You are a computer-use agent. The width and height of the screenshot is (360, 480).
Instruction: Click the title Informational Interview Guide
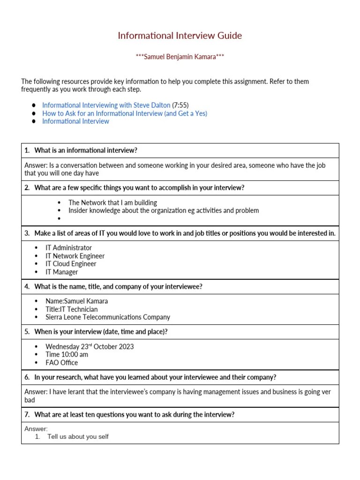pyautogui.click(x=180, y=36)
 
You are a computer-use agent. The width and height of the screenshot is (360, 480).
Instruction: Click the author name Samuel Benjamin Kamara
pyautogui.click(x=180, y=57)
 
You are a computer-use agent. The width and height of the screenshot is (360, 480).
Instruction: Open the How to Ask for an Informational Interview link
pyautogui.click(x=125, y=113)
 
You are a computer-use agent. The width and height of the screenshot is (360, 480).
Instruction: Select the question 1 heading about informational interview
pyautogui.click(x=86, y=150)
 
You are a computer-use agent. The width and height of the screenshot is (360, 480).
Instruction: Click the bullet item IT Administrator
pyautogui.click(x=68, y=247)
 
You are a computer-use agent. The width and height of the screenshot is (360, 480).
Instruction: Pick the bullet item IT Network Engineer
pyautogui.click(x=75, y=256)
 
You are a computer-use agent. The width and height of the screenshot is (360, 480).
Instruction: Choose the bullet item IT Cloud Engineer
pyautogui.click(x=71, y=264)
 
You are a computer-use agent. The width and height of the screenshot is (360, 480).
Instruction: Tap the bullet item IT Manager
pyautogui.click(x=62, y=272)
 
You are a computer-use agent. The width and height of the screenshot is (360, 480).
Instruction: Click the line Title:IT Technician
pyautogui.click(x=72, y=309)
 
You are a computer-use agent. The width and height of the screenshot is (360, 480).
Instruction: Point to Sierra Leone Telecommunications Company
pyautogui.click(x=108, y=317)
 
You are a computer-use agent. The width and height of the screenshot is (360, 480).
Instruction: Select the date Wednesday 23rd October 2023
pyautogui.click(x=90, y=346)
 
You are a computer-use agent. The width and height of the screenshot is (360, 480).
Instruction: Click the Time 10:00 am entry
pyautogui.click(x=67, y=354)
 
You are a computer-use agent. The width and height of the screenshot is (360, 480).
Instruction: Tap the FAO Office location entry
pyautogui.click(x=62, y=362)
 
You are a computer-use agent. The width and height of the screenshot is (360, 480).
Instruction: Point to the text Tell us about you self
pyautogui.click(x=78, y=437)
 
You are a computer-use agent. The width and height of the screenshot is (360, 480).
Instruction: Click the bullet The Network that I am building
pyautogui.click(x=112, y=202)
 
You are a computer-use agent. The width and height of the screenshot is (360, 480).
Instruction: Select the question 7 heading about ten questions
pyautogui.click(x=134, y=414)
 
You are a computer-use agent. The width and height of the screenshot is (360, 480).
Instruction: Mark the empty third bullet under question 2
pyautogui.click(x=59, y=219)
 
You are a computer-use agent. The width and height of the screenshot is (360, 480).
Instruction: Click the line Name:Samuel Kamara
pyautogui.click(x=76, y=301)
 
